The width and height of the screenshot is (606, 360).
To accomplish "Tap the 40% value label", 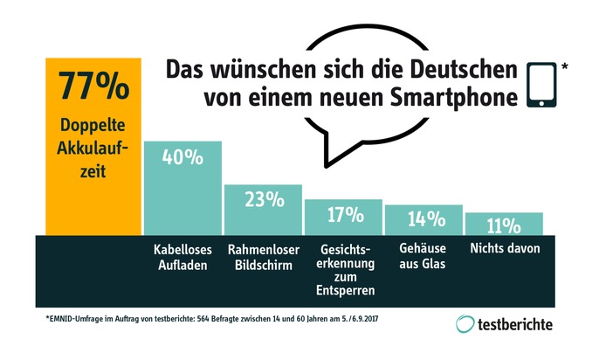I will [x=182, y=159].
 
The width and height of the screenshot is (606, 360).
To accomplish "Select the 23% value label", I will [x=263, y=200].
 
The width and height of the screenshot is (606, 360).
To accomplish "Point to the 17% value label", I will [x=343, y=214].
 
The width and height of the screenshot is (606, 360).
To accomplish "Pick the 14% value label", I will [x=423, y=219].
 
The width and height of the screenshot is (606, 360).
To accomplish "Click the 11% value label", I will [x=504, y=226].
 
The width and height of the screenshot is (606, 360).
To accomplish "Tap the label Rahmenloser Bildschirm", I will [x=262, y=256].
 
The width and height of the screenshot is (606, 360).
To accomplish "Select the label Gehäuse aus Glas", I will [x=424, y=256].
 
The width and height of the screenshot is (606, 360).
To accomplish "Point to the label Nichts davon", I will [x=504, y=249].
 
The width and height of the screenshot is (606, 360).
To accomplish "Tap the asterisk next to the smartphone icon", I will [x=565, y=65].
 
